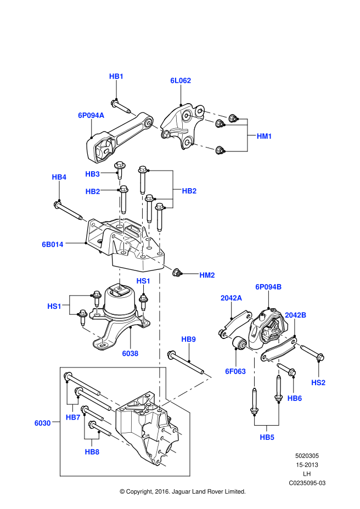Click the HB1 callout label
(x=116, y=76)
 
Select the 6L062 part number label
(x=181, y=81)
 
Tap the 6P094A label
(x=91, y=116)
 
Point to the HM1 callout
(x=264, y=136)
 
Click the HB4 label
(x=59, y=177)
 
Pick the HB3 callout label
(x=92, y=174)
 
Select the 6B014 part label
(x=53, y=245)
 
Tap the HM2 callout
(x=207, y=275)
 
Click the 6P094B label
(x=268, y=287)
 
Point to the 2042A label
(x=231, y=298)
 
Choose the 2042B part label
(x=295, y=315)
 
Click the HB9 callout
(x=188, y=340)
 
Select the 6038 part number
(x=130, y=354)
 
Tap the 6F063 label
(x=235, y=371)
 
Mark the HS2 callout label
(x=318, y=383)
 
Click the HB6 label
(x=295, y=399)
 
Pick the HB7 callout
(x=73, y=417)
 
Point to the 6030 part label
(x=42, y=423)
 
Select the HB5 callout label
(x=267, y=437)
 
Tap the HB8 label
(x=92, y=452)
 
